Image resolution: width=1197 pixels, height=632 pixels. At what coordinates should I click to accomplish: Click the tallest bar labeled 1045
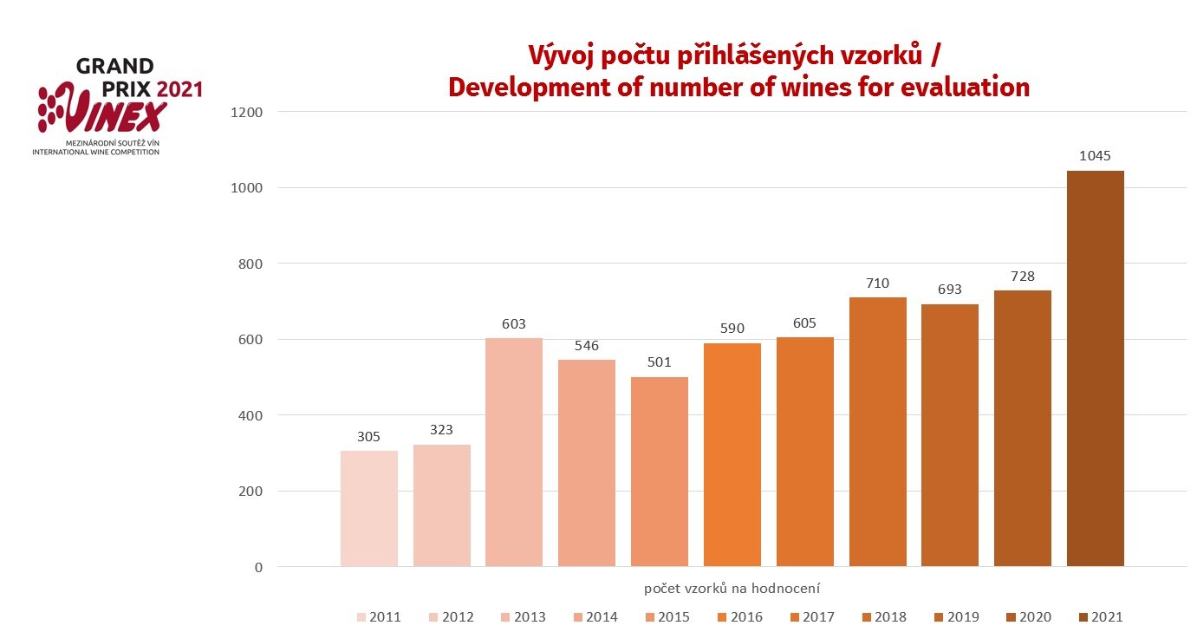click(x=1095, y=368)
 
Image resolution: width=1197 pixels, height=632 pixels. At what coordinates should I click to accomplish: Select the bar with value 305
click(x=368, y=509)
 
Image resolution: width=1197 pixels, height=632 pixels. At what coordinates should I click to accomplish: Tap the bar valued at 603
click(x=514, y=452)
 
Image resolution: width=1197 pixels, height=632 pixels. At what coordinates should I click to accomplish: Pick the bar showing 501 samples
click(x=660, y=472)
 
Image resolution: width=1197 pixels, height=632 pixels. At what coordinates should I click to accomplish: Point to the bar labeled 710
click(x=877, y=432)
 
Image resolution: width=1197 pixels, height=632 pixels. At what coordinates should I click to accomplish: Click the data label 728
click(x=1022, y=276)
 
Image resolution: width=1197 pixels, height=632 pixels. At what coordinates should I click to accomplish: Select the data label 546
click(x=586, y=346)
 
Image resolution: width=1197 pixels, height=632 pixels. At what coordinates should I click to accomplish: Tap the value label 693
click(x=950, y=290)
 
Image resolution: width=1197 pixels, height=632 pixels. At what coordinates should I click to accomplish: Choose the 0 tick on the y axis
click(x=258, y=568)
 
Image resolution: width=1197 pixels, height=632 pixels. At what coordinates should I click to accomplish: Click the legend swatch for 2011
click(x=361, y=617)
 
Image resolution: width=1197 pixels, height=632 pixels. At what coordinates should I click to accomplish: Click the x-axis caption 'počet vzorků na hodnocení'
click(x=732, y=588)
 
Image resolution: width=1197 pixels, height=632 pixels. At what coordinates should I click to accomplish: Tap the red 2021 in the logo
click(x=179, y=88)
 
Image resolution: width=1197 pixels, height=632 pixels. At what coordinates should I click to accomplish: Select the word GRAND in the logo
click(x=115, y=67)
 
